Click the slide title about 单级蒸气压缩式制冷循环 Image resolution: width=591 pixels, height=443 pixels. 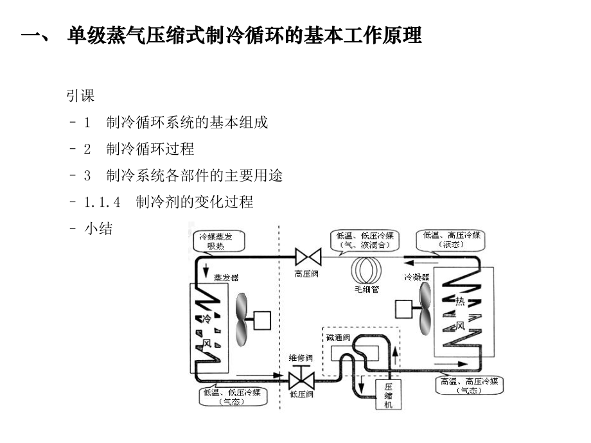[x=222, y=35]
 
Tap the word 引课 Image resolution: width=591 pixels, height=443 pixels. [x=80, y=96]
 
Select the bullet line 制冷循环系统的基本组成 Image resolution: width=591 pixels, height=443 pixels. [x=186, y=123]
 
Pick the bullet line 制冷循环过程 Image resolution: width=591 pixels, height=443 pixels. [x=150, y=149]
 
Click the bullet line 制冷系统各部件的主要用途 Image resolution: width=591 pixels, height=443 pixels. [x=194, y=175]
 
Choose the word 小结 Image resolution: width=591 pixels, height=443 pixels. [x=98, y=229]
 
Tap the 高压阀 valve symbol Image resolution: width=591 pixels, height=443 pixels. [x=308, y=258]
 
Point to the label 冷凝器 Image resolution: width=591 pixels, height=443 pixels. [x=416, y=277]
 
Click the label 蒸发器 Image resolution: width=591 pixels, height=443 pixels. [x=226, y=277]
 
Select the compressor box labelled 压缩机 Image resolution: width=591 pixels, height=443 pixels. [x=388, y=395]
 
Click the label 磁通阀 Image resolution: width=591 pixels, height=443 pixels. [x=337, y=338]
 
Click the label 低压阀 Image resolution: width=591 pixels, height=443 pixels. [x=301, y=394]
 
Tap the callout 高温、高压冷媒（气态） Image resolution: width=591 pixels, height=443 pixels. [x=469, y=385]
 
